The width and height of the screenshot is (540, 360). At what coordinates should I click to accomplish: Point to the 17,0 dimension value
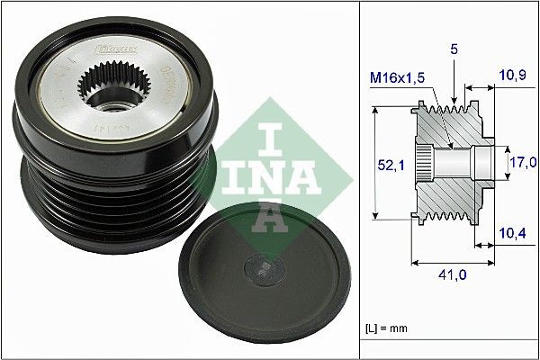(522, 163)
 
